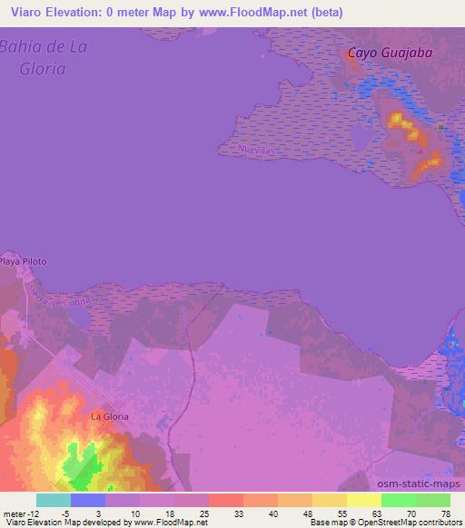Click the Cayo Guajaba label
coord(390,54)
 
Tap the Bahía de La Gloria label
coord(44,56)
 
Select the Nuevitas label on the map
coord(256,148)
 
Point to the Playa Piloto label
coord(23,262)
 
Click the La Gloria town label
coord(109,416)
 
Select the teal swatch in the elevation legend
coord(54,500)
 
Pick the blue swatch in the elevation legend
coord(88,500)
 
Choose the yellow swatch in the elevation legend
coord(364,500)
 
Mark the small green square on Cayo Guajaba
coord(441,127)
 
